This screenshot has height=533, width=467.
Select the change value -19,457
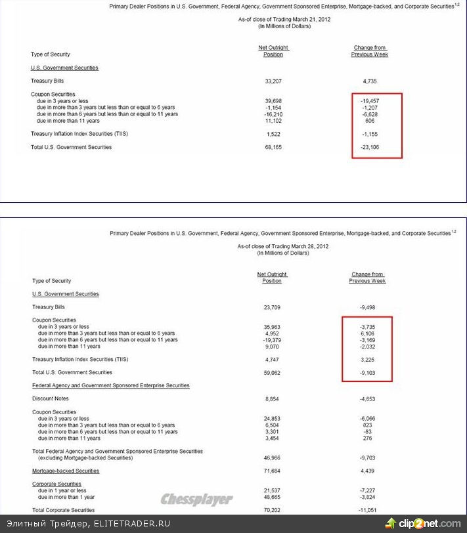(x=370, y=100)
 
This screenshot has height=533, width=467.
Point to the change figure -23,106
(x=370, y=147)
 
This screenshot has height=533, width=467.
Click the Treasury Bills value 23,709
(x=272, y=307)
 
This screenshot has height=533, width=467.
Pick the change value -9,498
(x=368, y=307)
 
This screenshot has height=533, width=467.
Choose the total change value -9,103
(x=368, y=372)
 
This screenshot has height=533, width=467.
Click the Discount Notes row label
(x=50, y=398)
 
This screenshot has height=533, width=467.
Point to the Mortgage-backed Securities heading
(x=66, y=471)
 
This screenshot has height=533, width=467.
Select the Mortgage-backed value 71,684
(x=272, y=471)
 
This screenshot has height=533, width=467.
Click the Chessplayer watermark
(x=197, y=500)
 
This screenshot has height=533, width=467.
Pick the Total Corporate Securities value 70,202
(x=272, y=509)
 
